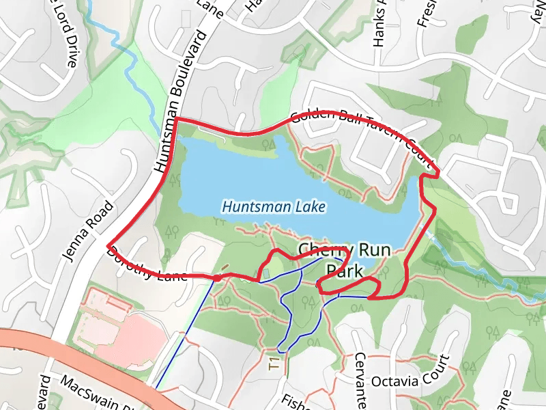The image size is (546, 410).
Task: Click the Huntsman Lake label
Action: [x=274, y=206]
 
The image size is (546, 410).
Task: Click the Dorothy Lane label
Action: [x=147, y=264]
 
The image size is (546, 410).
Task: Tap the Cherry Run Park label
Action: [x=345, y=260]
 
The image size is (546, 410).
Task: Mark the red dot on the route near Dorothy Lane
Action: [x=216, y=277]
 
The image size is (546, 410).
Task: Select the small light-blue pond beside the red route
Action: [x=265, y=273]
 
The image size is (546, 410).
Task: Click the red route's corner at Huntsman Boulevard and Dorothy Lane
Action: [x=108, y=245]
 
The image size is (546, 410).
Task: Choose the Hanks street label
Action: [x=379, y=27]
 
